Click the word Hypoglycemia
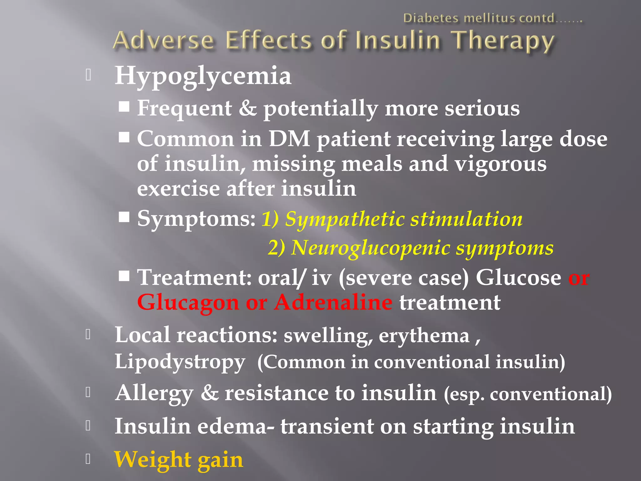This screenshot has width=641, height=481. pos(203,76)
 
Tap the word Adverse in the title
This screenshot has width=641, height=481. pos(163,41)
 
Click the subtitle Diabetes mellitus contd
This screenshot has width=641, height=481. pos(492,18)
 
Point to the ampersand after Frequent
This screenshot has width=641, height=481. pos(248,108)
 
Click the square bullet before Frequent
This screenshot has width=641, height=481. pos(124,106)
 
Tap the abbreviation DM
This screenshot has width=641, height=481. pos(289,139)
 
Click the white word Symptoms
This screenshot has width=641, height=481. pos(196,219)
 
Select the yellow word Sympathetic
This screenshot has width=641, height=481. pos(345,219)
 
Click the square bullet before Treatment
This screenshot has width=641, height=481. pos(124,276)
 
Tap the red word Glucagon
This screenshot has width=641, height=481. pos(188,303)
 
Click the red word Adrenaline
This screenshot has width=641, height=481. pos(333,303)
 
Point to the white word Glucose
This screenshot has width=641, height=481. pos(518,278)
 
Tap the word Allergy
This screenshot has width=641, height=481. pos(154,393)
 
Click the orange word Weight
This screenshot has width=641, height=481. pos(152,459)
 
